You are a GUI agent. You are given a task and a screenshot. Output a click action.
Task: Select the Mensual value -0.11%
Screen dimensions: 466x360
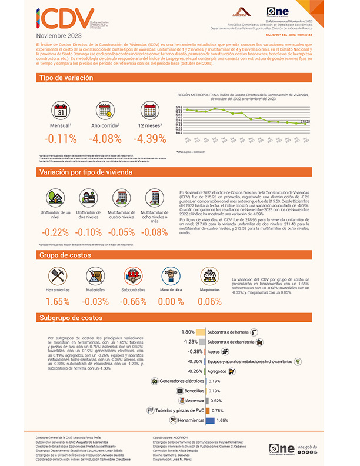(x=61, y=139)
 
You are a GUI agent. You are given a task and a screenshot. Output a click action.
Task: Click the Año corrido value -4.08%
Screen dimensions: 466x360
(x=105, y=139)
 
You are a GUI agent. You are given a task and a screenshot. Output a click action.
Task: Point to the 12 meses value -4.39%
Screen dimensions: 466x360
(x=150, y=139)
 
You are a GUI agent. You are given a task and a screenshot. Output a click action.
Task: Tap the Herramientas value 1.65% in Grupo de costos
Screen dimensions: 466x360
(x=58, y=301)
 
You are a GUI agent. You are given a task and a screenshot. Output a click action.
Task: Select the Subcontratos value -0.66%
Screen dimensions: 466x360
(x=134, y=301)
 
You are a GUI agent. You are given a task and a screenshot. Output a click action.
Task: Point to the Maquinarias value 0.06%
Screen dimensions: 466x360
(x=209, y=301)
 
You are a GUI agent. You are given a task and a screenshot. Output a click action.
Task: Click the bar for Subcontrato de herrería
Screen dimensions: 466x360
(x=201, y=332)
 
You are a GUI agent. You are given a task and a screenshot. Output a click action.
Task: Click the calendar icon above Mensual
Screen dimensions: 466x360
(x=61, y=111)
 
